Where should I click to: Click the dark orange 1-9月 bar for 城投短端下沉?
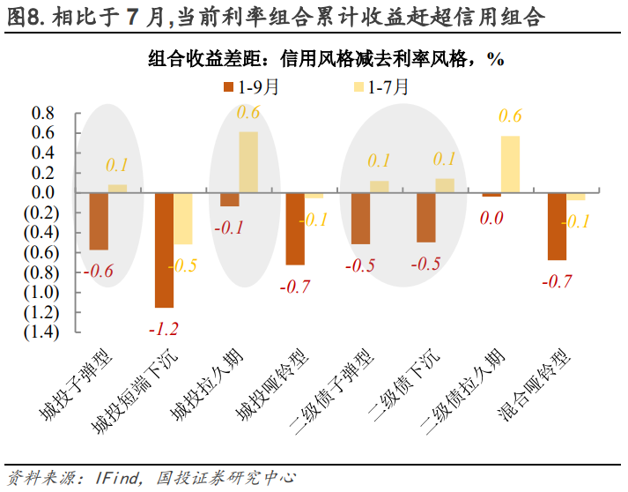[x=165, y=250]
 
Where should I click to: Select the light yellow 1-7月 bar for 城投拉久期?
[x=248, y=162]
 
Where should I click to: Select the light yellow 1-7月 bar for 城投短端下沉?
[x=182, y=218]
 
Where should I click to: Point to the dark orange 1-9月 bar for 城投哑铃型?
[x=295, y=228]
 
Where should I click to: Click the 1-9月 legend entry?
[x=252, y=86]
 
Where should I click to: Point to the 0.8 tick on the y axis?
[x=43, y=114]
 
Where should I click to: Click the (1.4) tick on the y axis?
[x=39, y=332]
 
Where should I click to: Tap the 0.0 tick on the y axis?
[x=43, y=193]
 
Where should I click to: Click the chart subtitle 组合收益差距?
[x=202, y=59]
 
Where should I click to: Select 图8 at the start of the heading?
[x=24, y=17]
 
